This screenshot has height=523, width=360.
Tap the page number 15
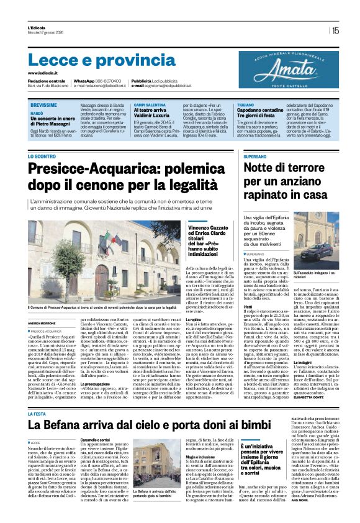tap(336, 30)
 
